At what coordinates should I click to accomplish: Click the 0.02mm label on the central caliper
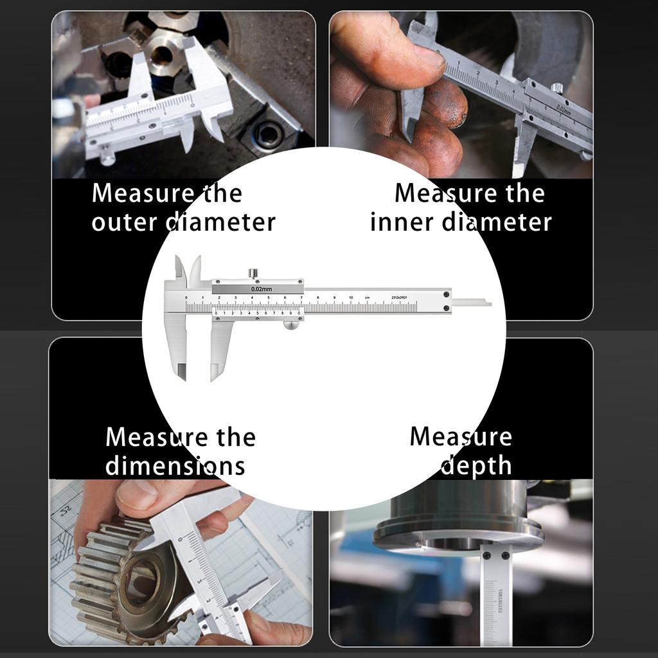262,289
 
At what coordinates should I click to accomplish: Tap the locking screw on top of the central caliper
254,274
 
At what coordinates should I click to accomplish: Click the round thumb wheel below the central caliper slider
291,325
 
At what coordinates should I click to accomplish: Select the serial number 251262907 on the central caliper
400,298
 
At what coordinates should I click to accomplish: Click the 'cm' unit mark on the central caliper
367,298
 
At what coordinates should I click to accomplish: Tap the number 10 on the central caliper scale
351,298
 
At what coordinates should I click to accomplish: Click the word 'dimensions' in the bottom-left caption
175,465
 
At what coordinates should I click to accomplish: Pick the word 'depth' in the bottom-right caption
476,466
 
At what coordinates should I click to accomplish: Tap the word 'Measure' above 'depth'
461,437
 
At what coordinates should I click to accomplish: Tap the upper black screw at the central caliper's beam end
445,294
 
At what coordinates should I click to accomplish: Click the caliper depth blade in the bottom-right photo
497,594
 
